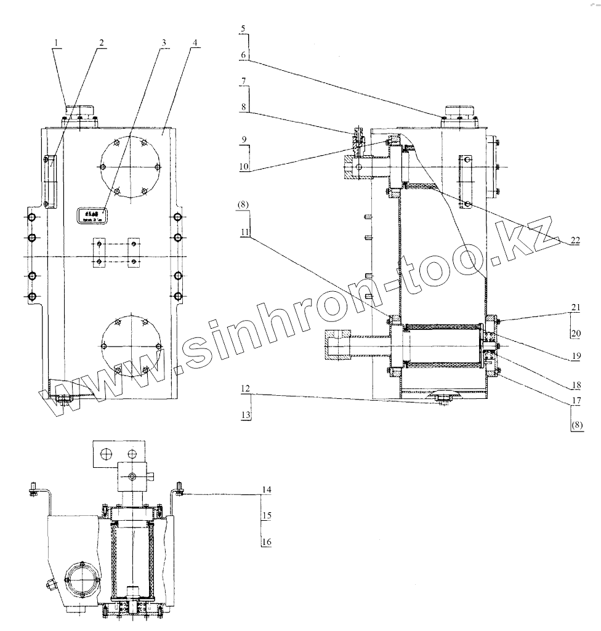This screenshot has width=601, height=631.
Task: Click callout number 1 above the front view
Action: pyautogui.click(x=56, y=43)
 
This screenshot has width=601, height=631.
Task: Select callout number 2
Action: pyautogui.click(x=101, y=43)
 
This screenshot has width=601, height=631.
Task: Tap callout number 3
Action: pyautogui.click(x=163, y=43)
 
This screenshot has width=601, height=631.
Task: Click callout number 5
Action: pyautogui.click(x=243, y=29)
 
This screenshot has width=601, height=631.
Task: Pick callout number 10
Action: pyautogui.click(x=244, y=167)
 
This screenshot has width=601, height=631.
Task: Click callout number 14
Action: pyautogui.click(x=267, y=489)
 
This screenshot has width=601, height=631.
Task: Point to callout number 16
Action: pyautogui.click(x=267, y=542)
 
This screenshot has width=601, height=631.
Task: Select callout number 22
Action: pyautogui.click(x=574, y=241)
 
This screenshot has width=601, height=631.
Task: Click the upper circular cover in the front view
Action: pyautogui.click(x=131, y=167)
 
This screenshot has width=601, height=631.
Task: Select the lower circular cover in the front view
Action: pyautogui.click(x=131, y=346)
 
